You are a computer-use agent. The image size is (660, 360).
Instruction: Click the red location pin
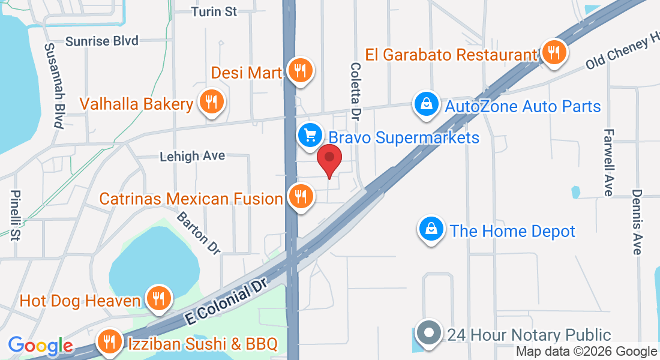pos(329,159)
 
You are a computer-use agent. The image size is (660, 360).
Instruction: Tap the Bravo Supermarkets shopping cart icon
pos(310,135)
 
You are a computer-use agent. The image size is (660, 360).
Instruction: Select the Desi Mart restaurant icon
pos(299,71)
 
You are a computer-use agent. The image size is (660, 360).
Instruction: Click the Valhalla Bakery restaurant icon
pos(211,103)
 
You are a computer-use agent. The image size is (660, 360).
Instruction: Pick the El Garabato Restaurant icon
pos(554,53)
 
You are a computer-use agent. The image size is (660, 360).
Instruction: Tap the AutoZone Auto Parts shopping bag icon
pos(425,104)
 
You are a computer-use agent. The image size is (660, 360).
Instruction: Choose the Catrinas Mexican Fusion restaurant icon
pos(299,196)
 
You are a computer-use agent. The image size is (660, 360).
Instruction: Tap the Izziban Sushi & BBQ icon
pos(109,342)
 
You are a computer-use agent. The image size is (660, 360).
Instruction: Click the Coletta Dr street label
pos(356,90)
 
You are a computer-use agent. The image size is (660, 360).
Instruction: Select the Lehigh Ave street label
pos(192,156)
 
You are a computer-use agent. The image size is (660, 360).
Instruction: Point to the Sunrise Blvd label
pos(102,41)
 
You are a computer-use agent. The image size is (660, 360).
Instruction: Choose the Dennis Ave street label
pos(637,222)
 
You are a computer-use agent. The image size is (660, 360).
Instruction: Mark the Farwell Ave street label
pos(609,162)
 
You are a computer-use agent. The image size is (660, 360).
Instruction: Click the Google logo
pos(40,346)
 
